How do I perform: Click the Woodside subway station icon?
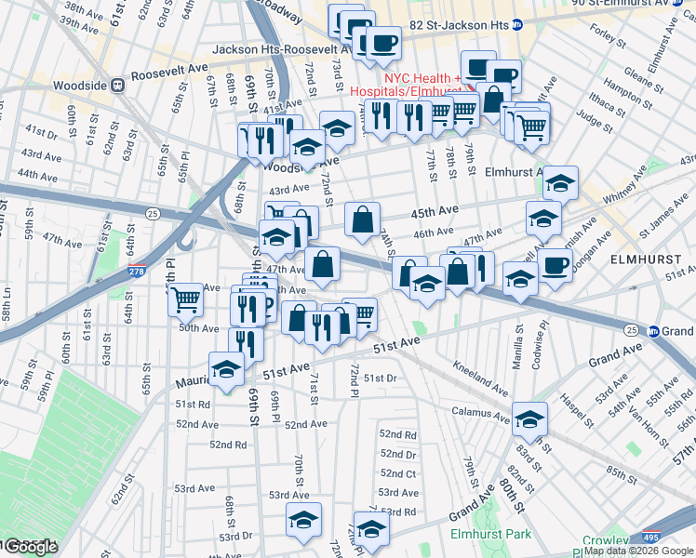(x=118, y=86)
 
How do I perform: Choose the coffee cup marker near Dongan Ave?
(x=555, y=265)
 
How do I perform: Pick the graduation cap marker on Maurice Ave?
(x=226, y=369)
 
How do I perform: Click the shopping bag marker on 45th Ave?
(x=362, y=219)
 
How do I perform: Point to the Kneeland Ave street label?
(x=481, y=377)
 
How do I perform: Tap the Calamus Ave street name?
(x=478, y=403)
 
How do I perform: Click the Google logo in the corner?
(x=30, y=547)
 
